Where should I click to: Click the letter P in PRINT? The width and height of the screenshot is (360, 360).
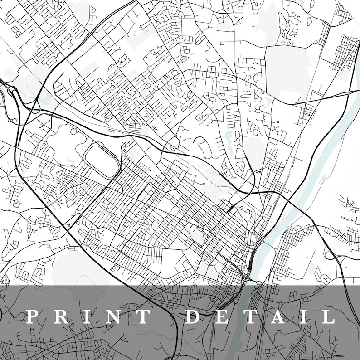33,316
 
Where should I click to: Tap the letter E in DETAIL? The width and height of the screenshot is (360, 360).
223,316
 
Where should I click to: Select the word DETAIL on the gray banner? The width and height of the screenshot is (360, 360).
260,316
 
